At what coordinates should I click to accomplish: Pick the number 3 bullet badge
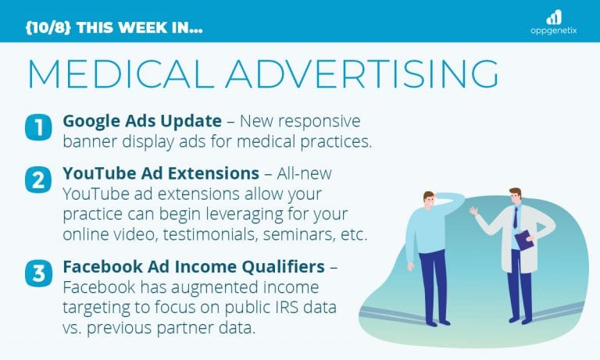click(x=37, y=275)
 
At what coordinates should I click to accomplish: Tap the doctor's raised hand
click(x=473, y=211)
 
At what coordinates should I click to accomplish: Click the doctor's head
click(x=516, y=197)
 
